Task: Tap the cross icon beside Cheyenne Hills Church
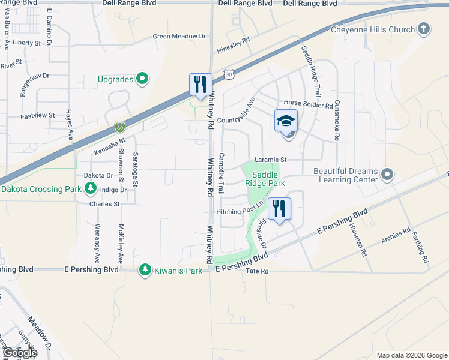click(x=424, y=28)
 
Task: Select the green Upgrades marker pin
click(x=142, y=79)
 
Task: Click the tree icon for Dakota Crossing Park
click(x=91, y=189)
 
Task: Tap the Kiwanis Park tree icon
click(x=145, y=270)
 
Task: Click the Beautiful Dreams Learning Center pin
click(x=387, y=175)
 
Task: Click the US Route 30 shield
click(x=228, y=74)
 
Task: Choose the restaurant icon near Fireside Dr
click(x=279, y=209)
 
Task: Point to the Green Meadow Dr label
click(x=179, y=37)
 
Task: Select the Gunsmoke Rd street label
click(x=337, y=121)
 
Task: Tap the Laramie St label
click(x=271, y=160)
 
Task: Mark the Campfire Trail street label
click(x=221, y=174)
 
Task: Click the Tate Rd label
click(x=257, y=271)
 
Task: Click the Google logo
click(x=19, y=353)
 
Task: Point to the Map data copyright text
click(x=411, y=355)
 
